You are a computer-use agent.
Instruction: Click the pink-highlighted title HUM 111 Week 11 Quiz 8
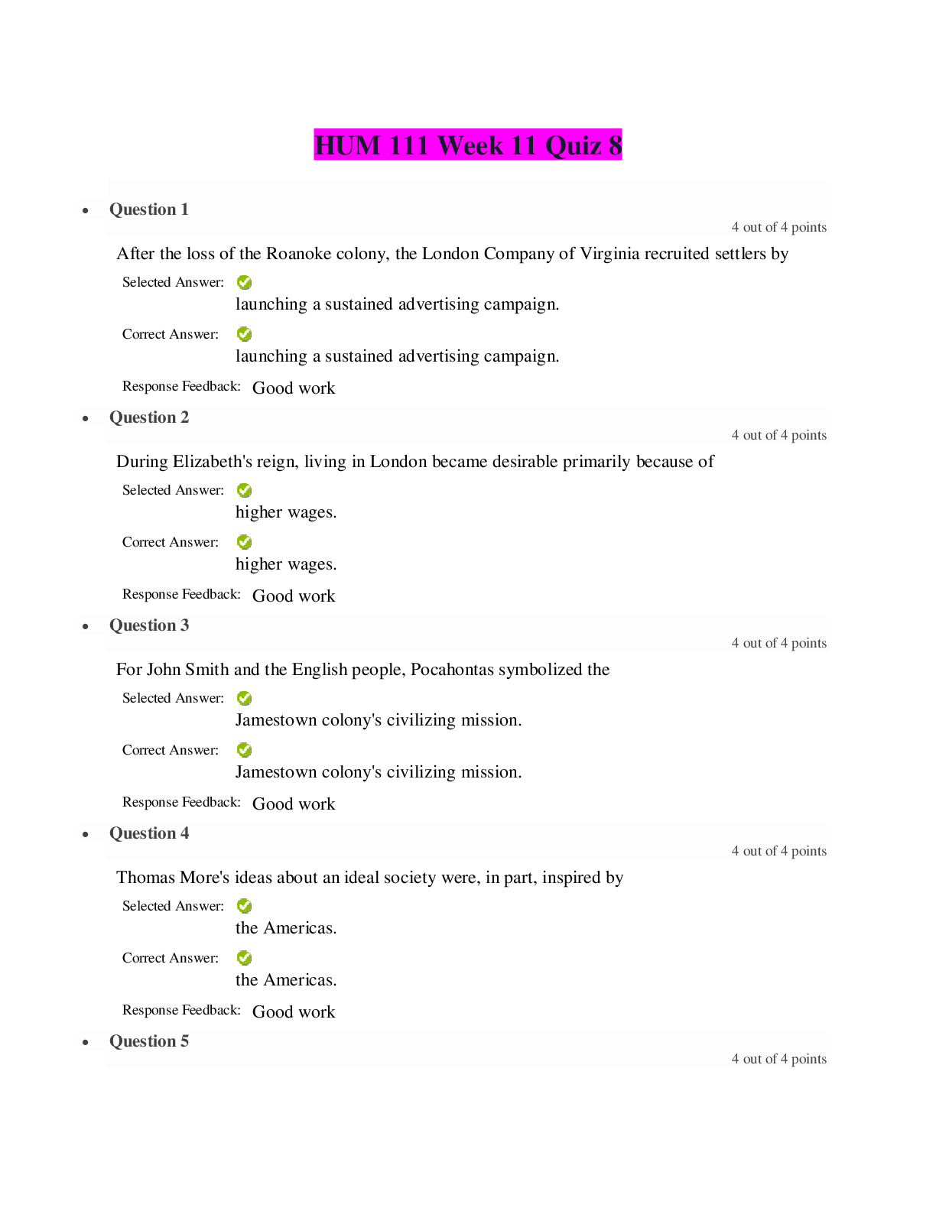(x=468, y=145)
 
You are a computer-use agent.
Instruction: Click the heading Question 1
(x=149, y=209)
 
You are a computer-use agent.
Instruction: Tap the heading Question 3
(x=149, y=625)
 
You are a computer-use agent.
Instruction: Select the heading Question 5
(x=149, y=1041)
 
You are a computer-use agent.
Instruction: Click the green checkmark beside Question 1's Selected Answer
(x=244, y=282)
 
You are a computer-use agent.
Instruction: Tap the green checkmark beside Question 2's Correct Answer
(x=244, y=542)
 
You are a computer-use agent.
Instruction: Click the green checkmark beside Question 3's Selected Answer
(x=244, y=698)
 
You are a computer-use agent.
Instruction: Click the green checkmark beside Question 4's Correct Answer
(x=244, y=958)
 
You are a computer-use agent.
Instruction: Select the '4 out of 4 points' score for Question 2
(x=778, y=435)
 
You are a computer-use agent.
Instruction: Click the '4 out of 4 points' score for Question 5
(x=778, y=1059)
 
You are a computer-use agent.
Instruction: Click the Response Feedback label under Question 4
(x=181, y=1010)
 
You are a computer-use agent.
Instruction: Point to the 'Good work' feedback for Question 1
(x=294, y=388)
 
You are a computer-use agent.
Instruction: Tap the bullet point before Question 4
(x=86, y=835)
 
